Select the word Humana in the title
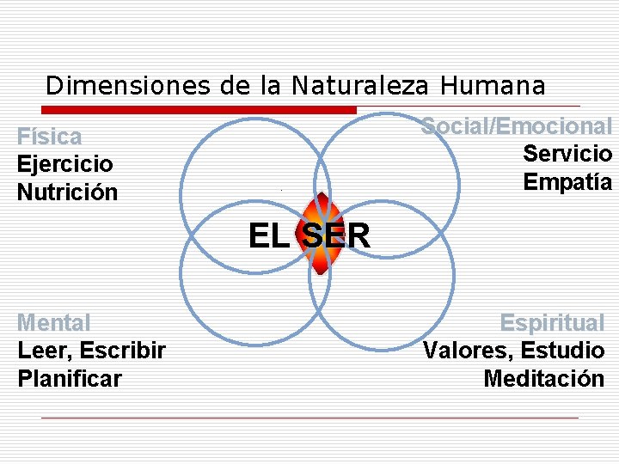[493, 86]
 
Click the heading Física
[50, 137]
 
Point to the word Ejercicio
[65, 163]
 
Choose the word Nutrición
[67, 191]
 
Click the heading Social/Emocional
[517, 126]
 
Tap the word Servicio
[567, 154]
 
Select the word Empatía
[567, 182]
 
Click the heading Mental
[53, 323]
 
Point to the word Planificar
[70, 378]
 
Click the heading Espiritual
[552, 323]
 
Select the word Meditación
[543, 378]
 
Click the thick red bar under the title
[199, 110]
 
